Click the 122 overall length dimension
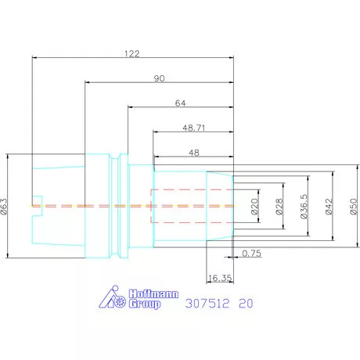(x=132, y=54)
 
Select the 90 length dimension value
(x=159, y=78)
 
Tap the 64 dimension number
(x=180, y=103)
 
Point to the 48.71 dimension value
(x=194, y=128)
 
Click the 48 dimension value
(x=194, y=153)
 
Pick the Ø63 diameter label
(x=5, y=206)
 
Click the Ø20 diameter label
(x=254, y=207)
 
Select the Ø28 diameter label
(x=279, y=207)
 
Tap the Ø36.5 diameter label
(x=304, y=207)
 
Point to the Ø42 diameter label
(x=329, y=207)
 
